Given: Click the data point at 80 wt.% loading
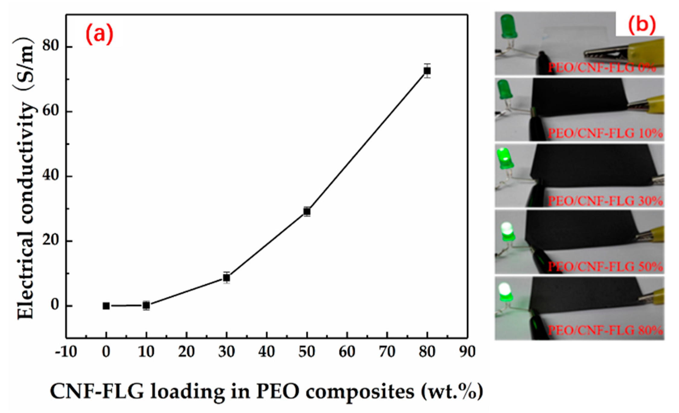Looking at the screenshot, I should tap(427, 71).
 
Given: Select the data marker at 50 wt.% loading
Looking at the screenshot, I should tap(307, 212).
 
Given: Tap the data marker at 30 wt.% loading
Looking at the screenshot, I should tap(226, 277).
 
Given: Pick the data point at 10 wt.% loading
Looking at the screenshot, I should tap(146, 306).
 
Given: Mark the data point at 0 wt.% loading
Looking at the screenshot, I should tap(106, 306).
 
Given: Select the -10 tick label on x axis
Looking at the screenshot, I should tap(66, 352).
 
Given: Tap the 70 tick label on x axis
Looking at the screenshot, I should tap(387, 352).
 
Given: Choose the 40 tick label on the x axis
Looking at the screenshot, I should tap(266, 352).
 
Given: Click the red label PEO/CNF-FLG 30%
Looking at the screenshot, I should tap(605, 201).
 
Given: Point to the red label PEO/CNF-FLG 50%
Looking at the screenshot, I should tap(605, 267).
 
